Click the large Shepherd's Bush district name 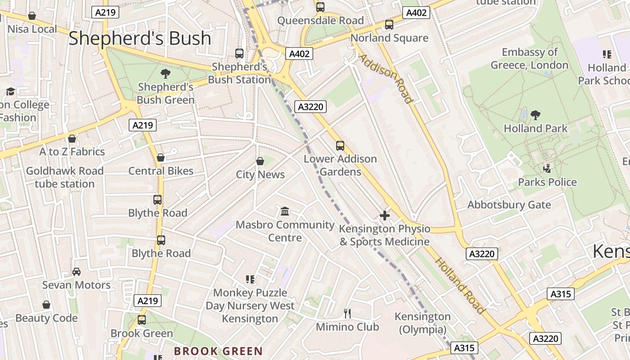coord(139,39)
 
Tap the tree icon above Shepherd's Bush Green coord(166,73)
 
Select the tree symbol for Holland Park coord(535,115)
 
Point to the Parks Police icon coord(547,169)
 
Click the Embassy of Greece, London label coord(530,58)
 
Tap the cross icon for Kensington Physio coord(385,216)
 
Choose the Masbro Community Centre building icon coord(285,211)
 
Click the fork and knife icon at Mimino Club coord(347,314)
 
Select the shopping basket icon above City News coord(260,161)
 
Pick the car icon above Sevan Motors coord(76,272)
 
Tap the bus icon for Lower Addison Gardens coord(340,146)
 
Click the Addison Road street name coord(386,79)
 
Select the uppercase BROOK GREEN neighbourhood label coord(218,351)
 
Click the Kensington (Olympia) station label coord(423,323)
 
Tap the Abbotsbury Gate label coord(509,205)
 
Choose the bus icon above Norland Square coord(389,25)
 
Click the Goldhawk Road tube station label coord(65,177)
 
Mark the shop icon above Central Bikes coord(161,157)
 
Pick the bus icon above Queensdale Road coord(320,7)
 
